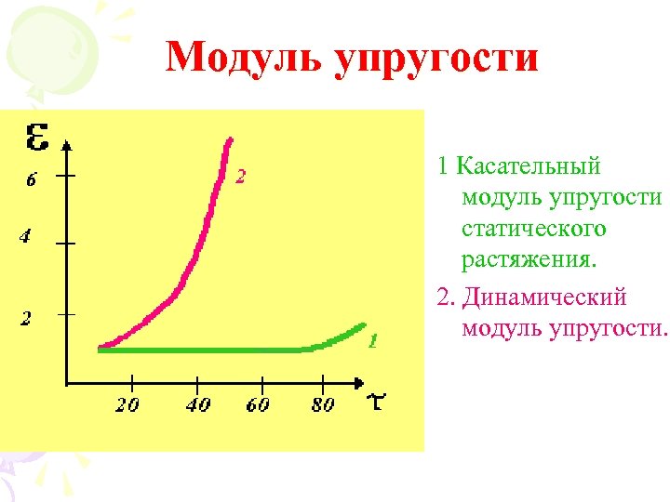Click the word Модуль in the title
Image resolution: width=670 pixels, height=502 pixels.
coord(244,58)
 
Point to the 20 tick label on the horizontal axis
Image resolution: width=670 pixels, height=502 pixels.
coord(128,404)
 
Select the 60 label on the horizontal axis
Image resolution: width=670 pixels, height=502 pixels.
coord(258,404)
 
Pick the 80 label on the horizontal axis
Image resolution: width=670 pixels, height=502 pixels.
coord(321,404)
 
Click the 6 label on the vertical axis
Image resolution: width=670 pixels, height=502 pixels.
coord(31,180)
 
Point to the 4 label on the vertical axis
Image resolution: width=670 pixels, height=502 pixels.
coord(27,237)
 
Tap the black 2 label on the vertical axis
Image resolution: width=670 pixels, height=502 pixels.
coord(28,318)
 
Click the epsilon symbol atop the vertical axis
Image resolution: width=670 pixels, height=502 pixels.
coord(38,139)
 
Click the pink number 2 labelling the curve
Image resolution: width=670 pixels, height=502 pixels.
coord(240,176)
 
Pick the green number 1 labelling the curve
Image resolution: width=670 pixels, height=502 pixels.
coord(371,340)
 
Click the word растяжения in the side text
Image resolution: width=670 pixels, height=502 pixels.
coord(527,258)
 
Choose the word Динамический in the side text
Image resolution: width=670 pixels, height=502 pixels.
coord(544,297)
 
